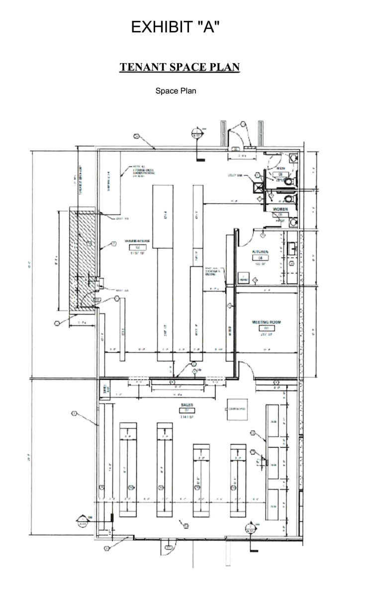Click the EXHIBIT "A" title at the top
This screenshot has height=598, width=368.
pos(175,27)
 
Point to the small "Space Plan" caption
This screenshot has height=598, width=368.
pos(176,91)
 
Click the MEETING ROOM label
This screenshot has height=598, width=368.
pos(266,322)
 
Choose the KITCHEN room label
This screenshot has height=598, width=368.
pos(260,252)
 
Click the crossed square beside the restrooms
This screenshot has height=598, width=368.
pos(258,188)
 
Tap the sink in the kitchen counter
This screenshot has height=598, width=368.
pos(292,247)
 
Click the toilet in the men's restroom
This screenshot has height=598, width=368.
pos(293,158)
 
